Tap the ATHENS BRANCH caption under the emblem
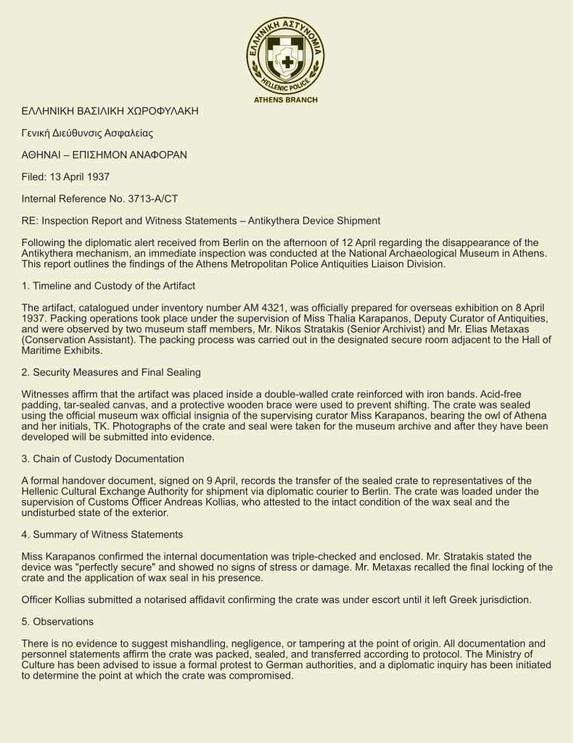pos(285,100)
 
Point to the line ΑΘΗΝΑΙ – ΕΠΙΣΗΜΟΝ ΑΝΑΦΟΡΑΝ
pos(104,155)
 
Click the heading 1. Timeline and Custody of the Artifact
pos(108,286)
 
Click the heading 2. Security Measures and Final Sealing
pos(111,372)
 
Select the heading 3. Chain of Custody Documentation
pos(103,459)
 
